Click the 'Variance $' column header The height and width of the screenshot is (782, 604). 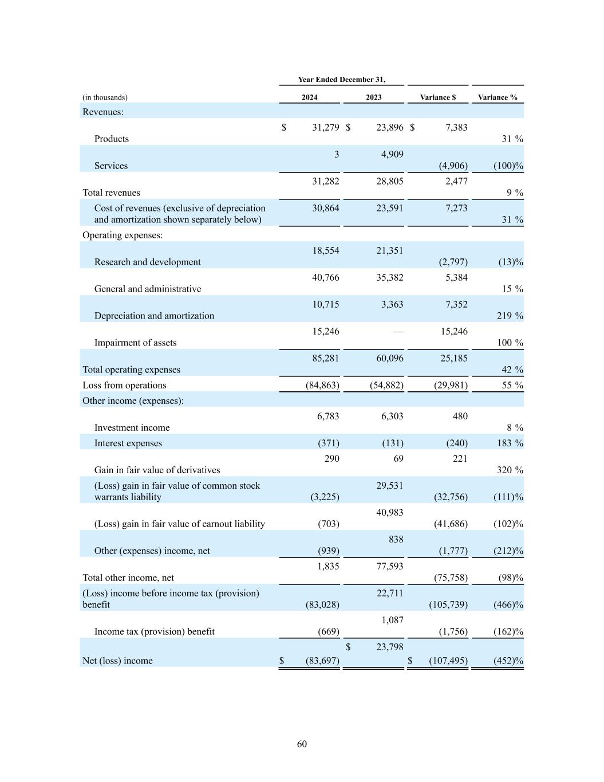(437, 97)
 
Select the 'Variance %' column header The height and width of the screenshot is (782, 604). (497, 97)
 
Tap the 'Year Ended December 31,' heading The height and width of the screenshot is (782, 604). (341, 80)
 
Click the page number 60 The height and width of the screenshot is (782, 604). (302, 744)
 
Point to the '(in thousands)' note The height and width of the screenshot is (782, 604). (105, 97)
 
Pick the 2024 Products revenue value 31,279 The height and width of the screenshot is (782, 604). (325, 127)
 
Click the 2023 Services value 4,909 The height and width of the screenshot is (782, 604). (392, 154)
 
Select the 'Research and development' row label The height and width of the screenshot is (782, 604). (147, 262)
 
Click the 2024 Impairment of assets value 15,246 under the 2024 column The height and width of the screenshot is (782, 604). (325, 331)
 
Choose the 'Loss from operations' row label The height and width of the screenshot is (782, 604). (124, 385)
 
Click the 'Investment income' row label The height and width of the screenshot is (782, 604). (132, 427)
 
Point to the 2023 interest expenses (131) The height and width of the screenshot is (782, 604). (392, 443)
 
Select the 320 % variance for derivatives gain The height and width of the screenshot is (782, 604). (511, 470)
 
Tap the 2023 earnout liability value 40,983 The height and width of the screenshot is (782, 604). (389, 512)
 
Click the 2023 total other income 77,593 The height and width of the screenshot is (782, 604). (389, 566)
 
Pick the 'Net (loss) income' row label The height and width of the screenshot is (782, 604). (117, 661)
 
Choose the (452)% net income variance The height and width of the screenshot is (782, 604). (508, 661)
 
